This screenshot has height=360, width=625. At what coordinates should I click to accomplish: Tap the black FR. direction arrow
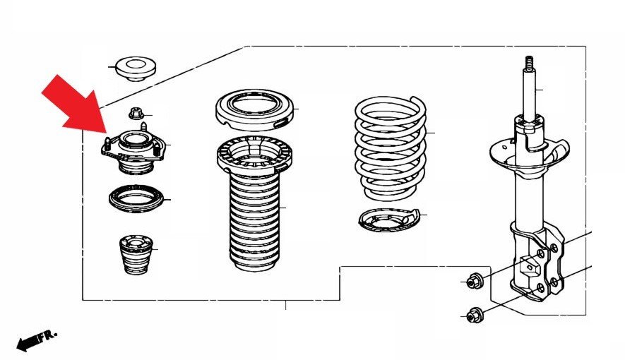tap(28, 343)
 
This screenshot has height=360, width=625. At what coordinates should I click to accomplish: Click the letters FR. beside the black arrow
tap(48, 335)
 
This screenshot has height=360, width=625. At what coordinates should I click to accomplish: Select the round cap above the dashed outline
tap(136, 69)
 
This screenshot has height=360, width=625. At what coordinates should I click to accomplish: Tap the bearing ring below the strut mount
tap(136, 198)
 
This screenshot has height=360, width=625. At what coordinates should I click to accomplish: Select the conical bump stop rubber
tap(136, 255)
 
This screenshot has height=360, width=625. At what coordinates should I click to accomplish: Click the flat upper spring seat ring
tap(255, 111)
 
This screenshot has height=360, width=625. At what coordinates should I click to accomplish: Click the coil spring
tap(391, 148)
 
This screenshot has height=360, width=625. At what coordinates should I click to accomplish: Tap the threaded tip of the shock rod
tap(528, 63)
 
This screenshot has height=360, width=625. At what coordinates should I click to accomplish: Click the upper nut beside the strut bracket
tap(475, 281)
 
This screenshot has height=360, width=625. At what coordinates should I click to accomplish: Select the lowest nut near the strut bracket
tap(475, 315)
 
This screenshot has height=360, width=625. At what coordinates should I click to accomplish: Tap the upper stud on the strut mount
tap(144, 128)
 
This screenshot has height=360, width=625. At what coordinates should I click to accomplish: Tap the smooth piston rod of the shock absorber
tap(528, 94)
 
